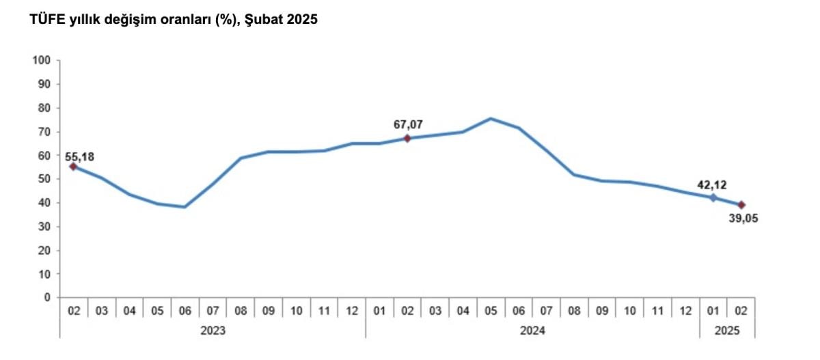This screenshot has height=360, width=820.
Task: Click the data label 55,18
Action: (80, 157)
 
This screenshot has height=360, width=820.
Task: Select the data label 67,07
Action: (407, 125)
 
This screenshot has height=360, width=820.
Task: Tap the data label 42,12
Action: (713, 184)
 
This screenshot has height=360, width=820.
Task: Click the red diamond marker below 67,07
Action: (407, 138)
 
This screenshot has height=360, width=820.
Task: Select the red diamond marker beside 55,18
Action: (73, 167)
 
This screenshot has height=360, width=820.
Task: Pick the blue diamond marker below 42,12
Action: (713, 197)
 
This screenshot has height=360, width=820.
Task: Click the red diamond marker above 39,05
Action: (741, 205)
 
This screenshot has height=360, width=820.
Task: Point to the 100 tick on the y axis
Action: (42, 60)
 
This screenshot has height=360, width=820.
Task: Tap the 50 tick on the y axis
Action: (45, 179)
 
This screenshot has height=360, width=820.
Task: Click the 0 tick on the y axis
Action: (48, 298)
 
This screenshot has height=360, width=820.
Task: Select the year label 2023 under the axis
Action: (213, 330)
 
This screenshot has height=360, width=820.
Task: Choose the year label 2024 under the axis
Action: (532, 330)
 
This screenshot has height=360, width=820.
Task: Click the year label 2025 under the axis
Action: (727, 330)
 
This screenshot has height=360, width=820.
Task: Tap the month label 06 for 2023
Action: (185, 310)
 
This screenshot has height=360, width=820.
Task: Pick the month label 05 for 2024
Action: (491, 310)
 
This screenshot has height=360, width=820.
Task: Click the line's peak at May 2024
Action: (491, 118)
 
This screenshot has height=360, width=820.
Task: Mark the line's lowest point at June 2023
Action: (185, 206)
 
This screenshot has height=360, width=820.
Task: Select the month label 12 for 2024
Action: (685, 310)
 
